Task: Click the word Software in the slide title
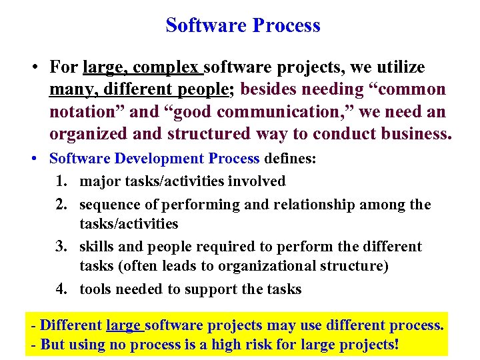(x=203, y=25)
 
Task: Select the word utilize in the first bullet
(x=399, y=67)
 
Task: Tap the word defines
(x=291, y=159)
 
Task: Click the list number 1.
(x=63, y=181)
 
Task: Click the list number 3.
(x=63, y=247)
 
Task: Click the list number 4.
(x=63, y=289)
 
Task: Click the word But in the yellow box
(x=53, y=346)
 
